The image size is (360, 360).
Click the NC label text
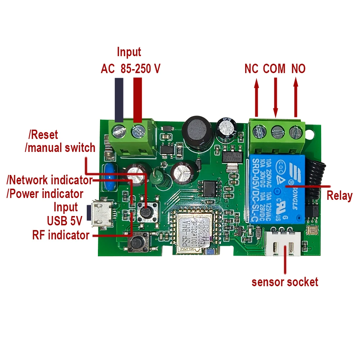point(252,68)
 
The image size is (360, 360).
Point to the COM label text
point(274,68)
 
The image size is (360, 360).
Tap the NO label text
point(298,68)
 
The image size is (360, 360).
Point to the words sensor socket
point(285,282)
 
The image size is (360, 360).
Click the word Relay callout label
point(339,196)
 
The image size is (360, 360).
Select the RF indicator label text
point(61,235)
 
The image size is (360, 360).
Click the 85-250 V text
point(140,69)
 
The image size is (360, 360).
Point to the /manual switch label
point(60,148)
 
